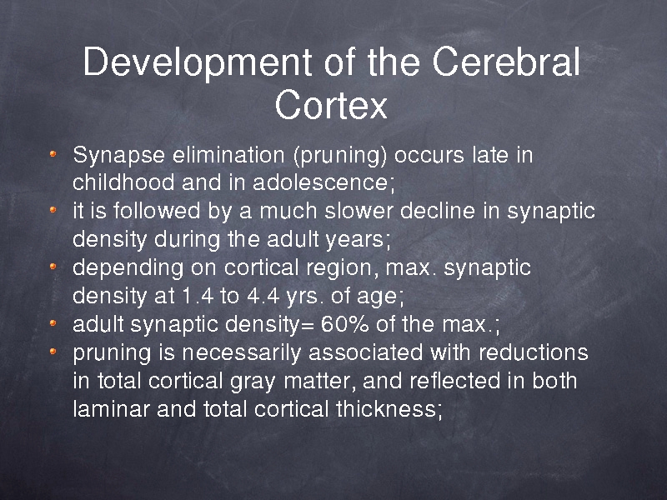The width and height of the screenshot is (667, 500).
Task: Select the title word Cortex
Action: (331, 105)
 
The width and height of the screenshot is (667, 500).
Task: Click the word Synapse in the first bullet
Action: (118, 156)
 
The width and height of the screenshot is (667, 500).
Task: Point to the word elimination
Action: (228, 154)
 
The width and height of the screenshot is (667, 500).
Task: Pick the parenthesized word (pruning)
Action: (340, 156)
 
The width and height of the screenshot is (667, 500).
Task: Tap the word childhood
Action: (123, 182)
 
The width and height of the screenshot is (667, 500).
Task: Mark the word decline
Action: (437, 211)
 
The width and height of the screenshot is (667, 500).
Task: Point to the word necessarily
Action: (242, 353)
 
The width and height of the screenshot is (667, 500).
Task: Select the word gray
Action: (253, 382)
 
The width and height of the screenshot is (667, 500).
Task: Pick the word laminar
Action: (111, 409)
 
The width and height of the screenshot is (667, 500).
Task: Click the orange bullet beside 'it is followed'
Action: (53, 210)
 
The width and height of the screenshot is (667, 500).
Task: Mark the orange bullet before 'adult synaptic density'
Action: (53, 323)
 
